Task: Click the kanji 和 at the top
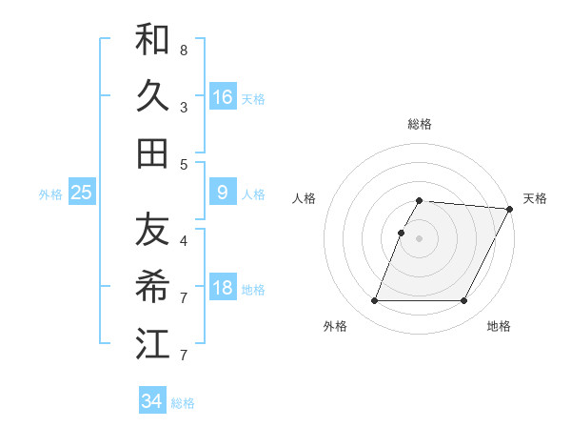[152, 40]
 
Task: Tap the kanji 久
[152, 96]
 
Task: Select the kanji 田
[152, 153]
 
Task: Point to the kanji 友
[152, 230]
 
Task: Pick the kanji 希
[152, 286]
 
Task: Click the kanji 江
[152, 342]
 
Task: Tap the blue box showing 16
[223, 96]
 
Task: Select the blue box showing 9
[223, 193]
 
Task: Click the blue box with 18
[223, 288]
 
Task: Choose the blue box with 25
[82, 193]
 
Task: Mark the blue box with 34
[152, 401]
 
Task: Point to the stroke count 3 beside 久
[183, 106]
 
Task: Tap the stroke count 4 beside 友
[183, 239]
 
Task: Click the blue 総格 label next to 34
[183, 403]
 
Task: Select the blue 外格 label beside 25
[50, 194]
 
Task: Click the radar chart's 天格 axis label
[535, 198]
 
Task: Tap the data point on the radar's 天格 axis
[511, 209]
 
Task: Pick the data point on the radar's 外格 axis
[374, 301]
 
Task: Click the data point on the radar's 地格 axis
[464, 301]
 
